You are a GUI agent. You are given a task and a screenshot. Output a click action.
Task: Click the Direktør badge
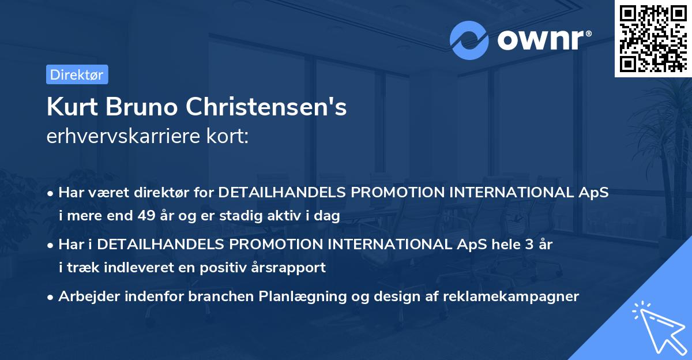pyautogui.click(x=76, y=74)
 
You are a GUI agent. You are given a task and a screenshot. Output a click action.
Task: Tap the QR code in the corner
pyautogui.click(x=652, y=38)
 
